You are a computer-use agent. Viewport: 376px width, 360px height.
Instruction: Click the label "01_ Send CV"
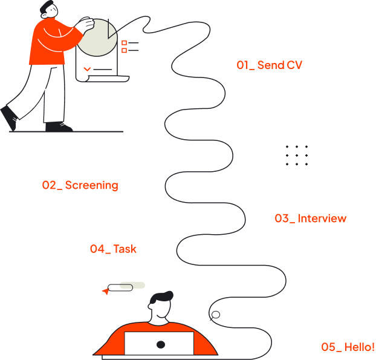(x=269, y=65)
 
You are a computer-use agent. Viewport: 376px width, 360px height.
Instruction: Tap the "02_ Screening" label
(x=80, y=185)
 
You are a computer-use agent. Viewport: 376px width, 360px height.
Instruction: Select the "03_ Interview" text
(x=311, y=218)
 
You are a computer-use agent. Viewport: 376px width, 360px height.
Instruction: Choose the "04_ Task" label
(x=113, y=249)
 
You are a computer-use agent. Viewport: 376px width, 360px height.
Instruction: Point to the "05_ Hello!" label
(x=348, y=347)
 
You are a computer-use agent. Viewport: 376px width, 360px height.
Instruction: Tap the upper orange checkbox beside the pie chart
(x=124, y=43)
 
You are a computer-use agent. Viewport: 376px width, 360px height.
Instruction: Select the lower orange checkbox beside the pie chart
(x=124, y=51)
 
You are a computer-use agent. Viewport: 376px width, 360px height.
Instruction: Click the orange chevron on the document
(x=87, y=70)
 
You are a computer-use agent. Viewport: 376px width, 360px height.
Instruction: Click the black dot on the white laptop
(x=160, y=344)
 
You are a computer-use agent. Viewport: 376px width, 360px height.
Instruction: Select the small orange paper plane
(x=106, y=292)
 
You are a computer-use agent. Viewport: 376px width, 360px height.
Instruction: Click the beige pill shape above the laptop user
(x=132, y=285)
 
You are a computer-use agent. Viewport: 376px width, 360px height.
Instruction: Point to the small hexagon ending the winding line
(x=215, y=315)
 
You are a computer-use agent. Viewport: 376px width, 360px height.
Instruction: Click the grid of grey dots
(x=296, y=155)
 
